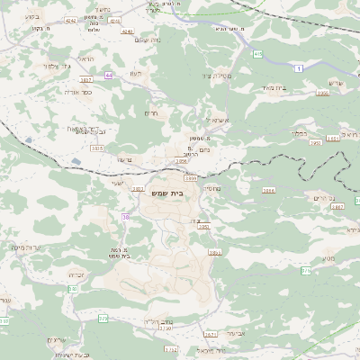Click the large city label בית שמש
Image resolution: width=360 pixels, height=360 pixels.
click(x=182, y=192)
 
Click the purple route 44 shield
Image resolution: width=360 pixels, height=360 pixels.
click(x=108, y=76)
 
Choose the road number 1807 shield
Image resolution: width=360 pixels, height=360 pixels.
click(x=86, y=79)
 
